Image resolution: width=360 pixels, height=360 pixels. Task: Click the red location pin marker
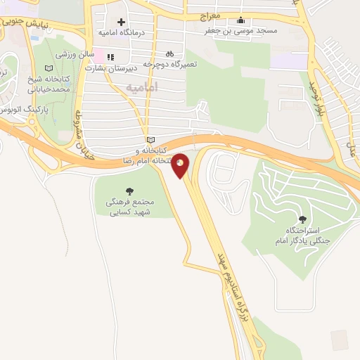[x=181, y=165]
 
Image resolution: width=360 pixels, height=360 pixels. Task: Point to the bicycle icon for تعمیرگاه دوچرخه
[x=169, y=53]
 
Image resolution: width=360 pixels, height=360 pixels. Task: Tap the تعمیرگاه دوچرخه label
[x=168, y=63]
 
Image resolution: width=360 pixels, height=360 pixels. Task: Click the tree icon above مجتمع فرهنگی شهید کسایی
[x=129, y=191]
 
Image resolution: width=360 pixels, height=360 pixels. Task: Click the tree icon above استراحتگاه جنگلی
[x=302, y=220]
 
